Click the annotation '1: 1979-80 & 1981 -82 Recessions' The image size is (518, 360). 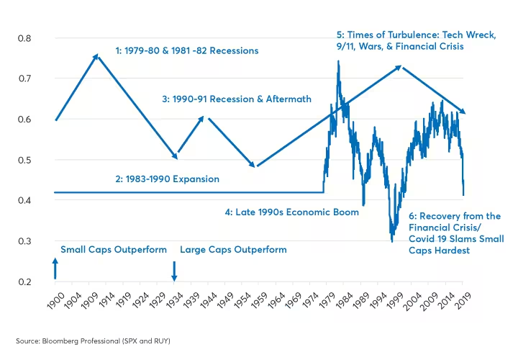186,51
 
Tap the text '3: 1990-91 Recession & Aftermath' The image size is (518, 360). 236,99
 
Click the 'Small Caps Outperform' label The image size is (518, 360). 114,250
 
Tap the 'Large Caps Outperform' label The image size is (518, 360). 233,250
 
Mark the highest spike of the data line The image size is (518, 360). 338,62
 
